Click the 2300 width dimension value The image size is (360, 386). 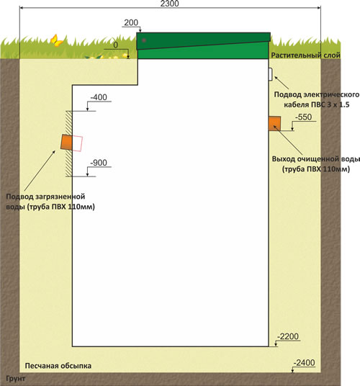click(x=169, y=4)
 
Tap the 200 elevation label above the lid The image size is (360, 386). click(x=131, y=22)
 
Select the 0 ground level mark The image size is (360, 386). click(x=116, y=45)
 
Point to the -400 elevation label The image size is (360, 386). click(x=99, y=97)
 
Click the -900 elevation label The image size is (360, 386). click(x=99, y=163)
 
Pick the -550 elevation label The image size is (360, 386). click(x=303, y=117)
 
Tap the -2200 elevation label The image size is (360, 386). click(x=288, y=336)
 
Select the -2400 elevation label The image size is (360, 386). click(x=304, y=363)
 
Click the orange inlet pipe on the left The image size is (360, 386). click(x=66, y=142)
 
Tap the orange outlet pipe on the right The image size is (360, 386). click(x=274, y=123)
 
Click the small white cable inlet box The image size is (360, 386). click(x=271, y=74)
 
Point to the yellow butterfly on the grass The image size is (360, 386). click(x=57, y=40)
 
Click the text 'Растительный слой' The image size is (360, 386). click(x=305, y=55)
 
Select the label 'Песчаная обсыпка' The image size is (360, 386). click(x=58, y=366)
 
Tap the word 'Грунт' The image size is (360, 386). click(x=16, y=378)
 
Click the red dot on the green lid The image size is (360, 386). click(x=144, y=40)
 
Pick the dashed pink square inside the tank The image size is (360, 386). click(x=77, y=143)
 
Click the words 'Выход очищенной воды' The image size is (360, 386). click(x=316, y=159)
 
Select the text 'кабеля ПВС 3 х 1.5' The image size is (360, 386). click(x=317, y=104)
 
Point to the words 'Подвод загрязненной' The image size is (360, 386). click(x=45, y=197)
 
